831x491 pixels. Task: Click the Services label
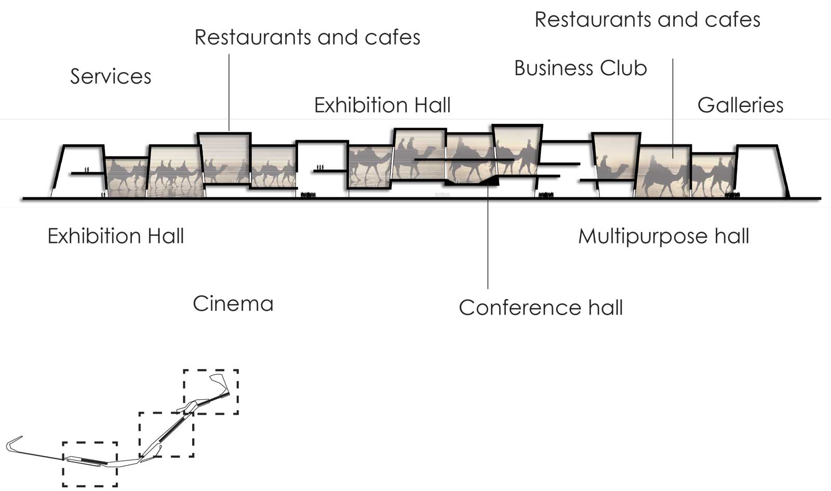coord(111,76)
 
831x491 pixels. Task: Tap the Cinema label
coord(233,304)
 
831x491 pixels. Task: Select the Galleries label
coord(741,105)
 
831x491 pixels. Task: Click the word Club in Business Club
coord(623,68)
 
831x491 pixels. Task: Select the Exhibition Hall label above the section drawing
coord(382,105)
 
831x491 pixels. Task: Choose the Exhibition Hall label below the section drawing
coord(116,236)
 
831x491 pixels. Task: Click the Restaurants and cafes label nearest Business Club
coord(647,19)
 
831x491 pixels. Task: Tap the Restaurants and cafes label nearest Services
coord(307,37)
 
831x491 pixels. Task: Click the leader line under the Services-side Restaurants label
coord(229,92)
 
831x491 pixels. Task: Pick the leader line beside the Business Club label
coord(673,108)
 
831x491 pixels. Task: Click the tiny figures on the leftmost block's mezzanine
coord(87,170)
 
